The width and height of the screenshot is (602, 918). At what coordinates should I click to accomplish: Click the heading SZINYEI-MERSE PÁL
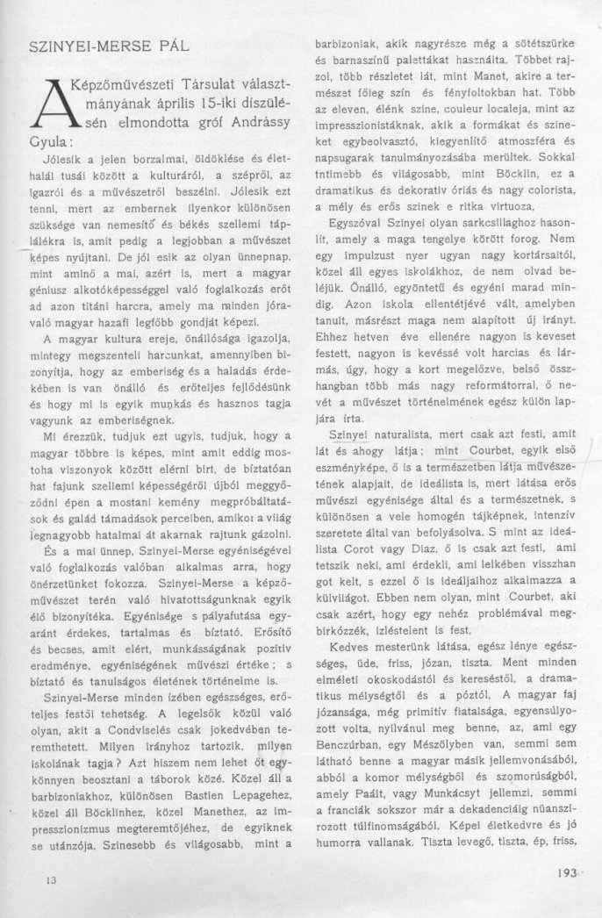pos(97,44)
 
